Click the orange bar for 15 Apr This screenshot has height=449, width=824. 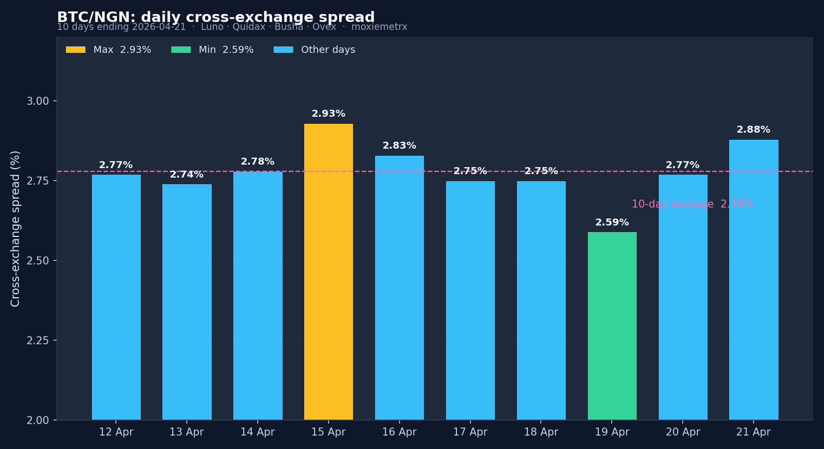click(x=328, y=272)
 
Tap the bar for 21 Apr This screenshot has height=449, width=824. click(x=753, y=279)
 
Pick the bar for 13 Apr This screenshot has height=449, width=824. click(x=187, y=302)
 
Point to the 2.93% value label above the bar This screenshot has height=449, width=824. click(x=328, y=114)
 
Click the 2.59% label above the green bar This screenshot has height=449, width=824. click(x=612, y=223)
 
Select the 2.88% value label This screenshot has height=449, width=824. click(x=753, y=130)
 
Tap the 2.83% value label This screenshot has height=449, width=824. click(x=399, y=146)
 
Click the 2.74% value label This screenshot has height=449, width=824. click(x=187, y=175)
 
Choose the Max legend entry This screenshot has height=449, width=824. click(x=108, y=50)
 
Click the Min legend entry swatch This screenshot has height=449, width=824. click(x=181, y=50)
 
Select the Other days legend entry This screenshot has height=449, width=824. click(x=315, y=50)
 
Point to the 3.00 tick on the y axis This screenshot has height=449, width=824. click(x=37, y=101)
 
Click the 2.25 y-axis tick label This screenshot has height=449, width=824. click(x=37, y=341)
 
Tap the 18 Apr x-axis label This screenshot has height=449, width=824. click(x=541, y=432)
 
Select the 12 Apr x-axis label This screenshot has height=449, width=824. click(x=116, y=432)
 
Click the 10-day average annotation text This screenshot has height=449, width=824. click(x=692, y=204)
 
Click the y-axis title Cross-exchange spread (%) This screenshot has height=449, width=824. click(x=15, y=228)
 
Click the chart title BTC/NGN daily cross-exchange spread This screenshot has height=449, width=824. click(x=216, y=17)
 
